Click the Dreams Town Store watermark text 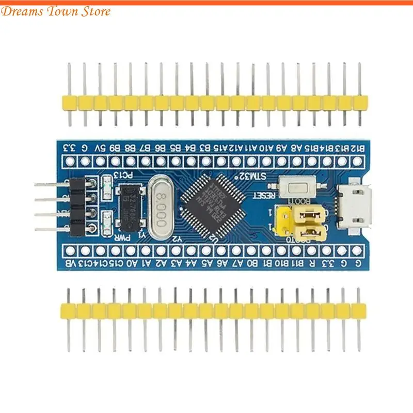tap(56, 11)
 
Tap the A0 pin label tap(133, 264)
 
